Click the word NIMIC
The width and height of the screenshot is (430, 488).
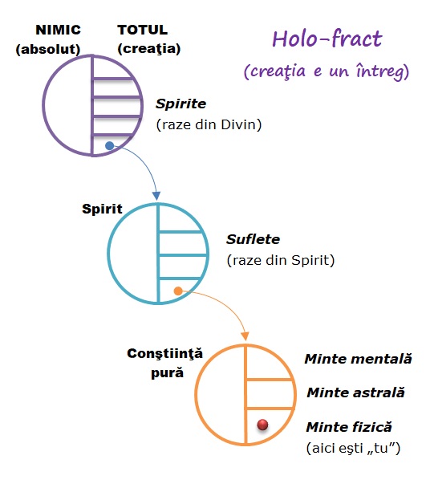[57, 31]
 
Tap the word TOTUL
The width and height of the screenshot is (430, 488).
[144, 31]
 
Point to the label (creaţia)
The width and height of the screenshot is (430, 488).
[149, 48]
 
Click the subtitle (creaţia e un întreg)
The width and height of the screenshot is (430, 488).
[327, 72]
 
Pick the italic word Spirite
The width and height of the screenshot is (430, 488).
[181, 104]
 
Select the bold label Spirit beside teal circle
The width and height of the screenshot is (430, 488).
[102, 209]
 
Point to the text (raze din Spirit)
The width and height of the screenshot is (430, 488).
[281, 259]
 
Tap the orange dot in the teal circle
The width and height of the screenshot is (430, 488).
[177, 291]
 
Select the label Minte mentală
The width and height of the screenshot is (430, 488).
[358, 359]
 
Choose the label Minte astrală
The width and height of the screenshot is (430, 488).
[355, 393]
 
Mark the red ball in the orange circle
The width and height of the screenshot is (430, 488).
[262, 425]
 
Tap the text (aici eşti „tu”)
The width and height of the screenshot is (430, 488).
[353, 447]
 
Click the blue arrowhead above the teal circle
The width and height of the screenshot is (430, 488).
[156, 195]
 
